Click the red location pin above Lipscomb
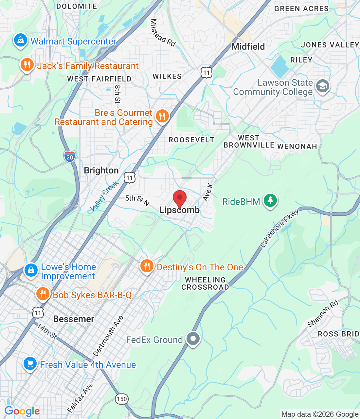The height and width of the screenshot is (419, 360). pyautogui.click(x=179, y=198)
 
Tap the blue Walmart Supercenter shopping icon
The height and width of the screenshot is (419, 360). pyautogui.click(x=20, y=41)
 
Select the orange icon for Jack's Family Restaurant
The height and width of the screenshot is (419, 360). pyautogui.click(x=27, y=65)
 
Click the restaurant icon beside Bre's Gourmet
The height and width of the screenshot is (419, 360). pyautogui.click(x=162, y=116)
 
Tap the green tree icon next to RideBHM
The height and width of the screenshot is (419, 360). pyautogui.click(x=270, y=200)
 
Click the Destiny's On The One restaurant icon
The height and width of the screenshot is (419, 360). pyautogui.click(x=147, y=266)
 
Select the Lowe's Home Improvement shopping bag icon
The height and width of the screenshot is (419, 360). pyautogui.click(x=31, y=270)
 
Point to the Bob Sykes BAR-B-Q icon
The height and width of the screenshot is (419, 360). pyautogui.click(x=43, y=294)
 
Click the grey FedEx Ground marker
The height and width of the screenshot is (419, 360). pyautogui.click(x=193, y=338)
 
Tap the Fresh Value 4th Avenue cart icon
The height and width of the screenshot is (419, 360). pyautogui.click(x=30, y=364)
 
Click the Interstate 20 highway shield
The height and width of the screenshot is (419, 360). pyautogui.click(x=69, y=156)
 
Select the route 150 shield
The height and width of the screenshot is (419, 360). pyautogui.click(x=122, y=399)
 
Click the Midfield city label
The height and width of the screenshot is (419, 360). pyautogui.click(x=248, y=46)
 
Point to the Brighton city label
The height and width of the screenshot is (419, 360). pyautogui.click(x=101, y=170)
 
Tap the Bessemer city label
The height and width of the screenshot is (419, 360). pyautogui.click(x=74, y=319)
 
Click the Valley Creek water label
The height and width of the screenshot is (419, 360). pyautogui.click(x=104, y=196)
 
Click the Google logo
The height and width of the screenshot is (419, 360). pyautogui.click(x=22, y=411)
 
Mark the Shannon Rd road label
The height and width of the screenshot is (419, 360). pyautogui.click(x=323, y=314)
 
